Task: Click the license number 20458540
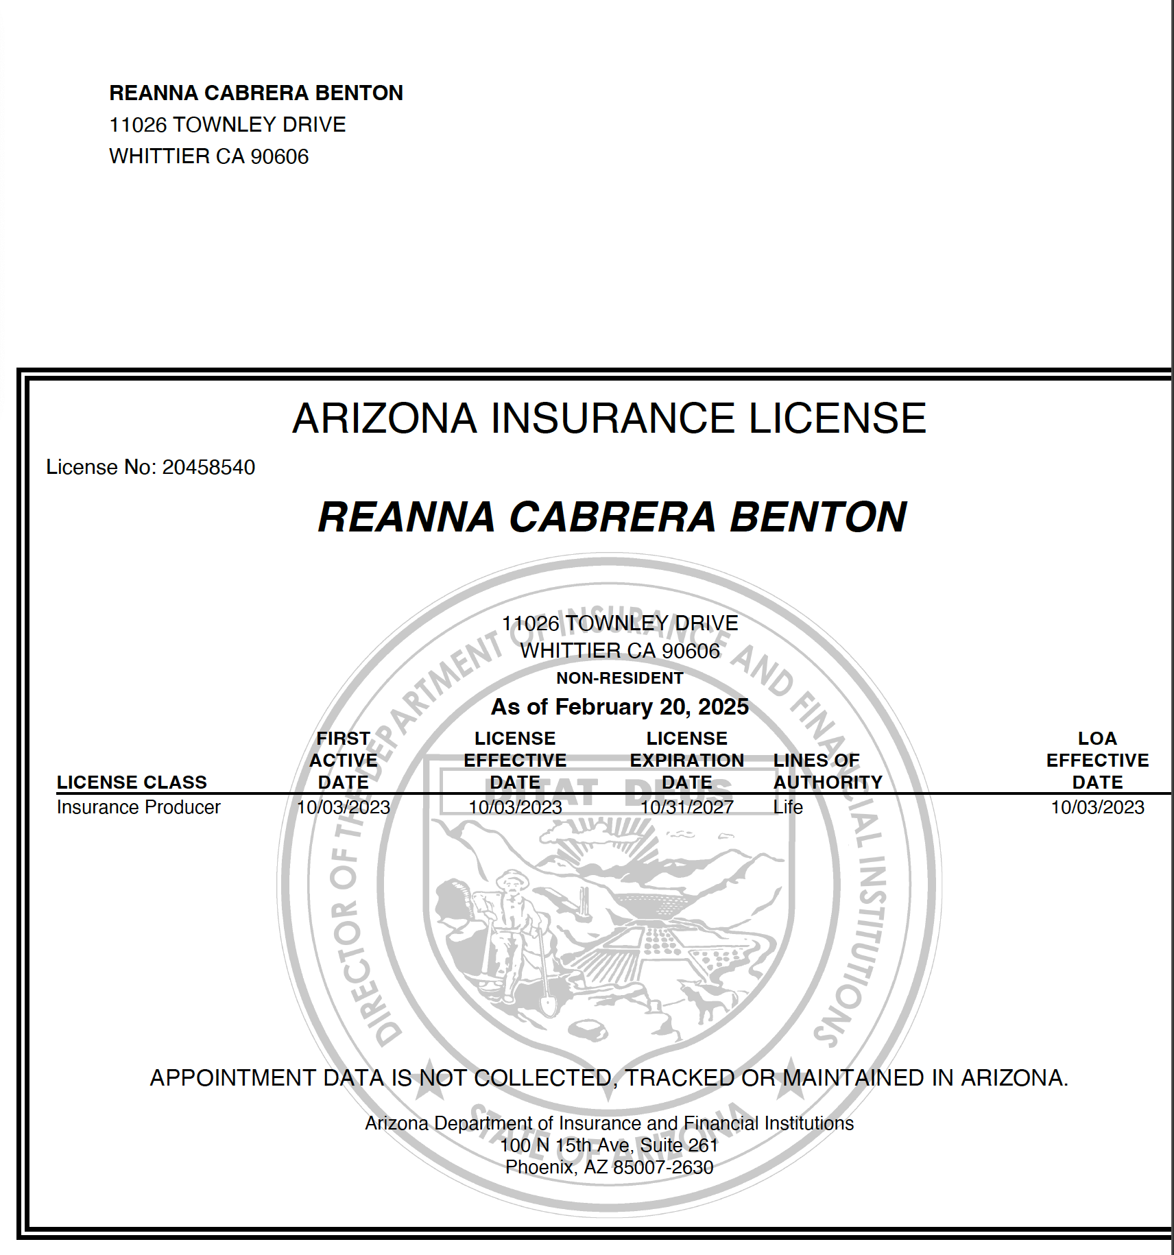click(x=208, y=467)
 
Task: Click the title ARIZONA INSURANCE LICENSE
click(x=609, y=418)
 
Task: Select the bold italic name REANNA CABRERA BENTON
click(x=612, y=517)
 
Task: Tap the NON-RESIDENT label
click(x=619, y=678)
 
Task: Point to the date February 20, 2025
click(x=651, y=706)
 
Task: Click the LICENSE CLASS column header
click(x=132, y=782)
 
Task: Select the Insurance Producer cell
click(x=139, y=807)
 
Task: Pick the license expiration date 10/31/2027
click(x=686, y=807)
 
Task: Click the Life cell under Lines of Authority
click(x=788, y=807)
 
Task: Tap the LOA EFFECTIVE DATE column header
click(x=1097, y=760)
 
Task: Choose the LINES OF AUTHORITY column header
click(x=828, y=771)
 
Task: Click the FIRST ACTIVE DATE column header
click(x=343, y=760)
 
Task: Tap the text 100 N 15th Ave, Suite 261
click(x=609, y=1145)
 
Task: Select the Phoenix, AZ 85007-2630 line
click(x=609, y=1167)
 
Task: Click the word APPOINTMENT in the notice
click(x=232, y=1078)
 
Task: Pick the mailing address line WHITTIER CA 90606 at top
click(x=209, y=156)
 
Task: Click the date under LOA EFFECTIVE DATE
click(x=1097, y=807)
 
